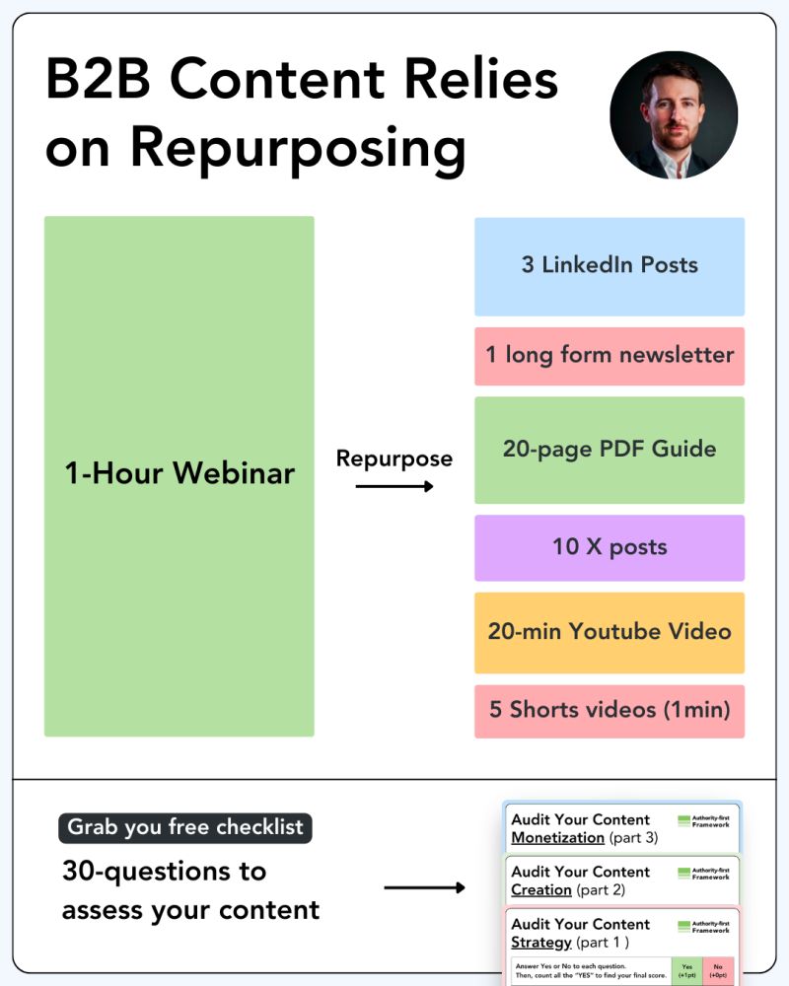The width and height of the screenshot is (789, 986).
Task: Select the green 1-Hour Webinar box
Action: (179, 475)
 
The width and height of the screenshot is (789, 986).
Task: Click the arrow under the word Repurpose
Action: (394, 486)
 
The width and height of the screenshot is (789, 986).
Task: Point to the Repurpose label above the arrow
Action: (394, 458)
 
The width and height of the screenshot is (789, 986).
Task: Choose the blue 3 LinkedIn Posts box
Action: (610, 266)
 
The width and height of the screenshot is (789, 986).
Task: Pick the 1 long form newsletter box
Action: (610, 356)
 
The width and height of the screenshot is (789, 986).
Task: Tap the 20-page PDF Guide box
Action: (610, 450)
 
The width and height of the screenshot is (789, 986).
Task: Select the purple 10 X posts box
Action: (610, 547)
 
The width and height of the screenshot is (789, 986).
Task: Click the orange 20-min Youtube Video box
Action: (610, 632)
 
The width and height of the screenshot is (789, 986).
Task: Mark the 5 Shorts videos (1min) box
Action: (610, 711)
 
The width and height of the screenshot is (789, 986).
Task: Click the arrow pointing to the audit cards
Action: (424, 888)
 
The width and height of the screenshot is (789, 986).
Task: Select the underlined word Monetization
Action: (557, 838)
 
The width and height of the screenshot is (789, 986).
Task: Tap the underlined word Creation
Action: (541, 890)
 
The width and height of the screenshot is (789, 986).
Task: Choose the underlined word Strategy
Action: (541, 943)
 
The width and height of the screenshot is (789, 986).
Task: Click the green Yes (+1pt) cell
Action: (686, 970)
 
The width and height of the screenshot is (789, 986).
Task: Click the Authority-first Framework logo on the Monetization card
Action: (704, 820)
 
